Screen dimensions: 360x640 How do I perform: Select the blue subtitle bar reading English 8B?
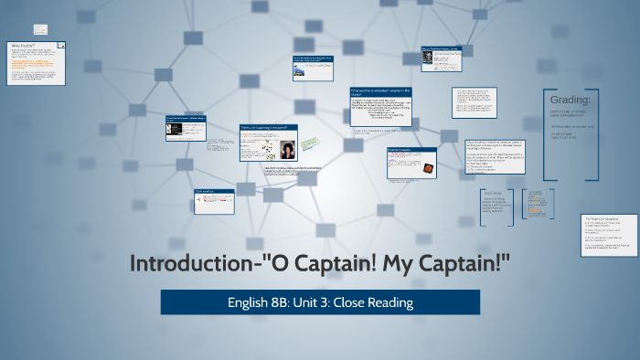[320, 302]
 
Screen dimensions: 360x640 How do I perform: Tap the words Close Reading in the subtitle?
[375, 302]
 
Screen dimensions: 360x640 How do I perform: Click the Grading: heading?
[571, 101]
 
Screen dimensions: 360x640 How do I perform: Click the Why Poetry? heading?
[24, 45]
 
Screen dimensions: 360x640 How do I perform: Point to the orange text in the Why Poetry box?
[31, 65]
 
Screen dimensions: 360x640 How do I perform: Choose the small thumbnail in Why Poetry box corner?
[60, 44]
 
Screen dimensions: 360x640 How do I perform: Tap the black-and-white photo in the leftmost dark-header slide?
[172, 131]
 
